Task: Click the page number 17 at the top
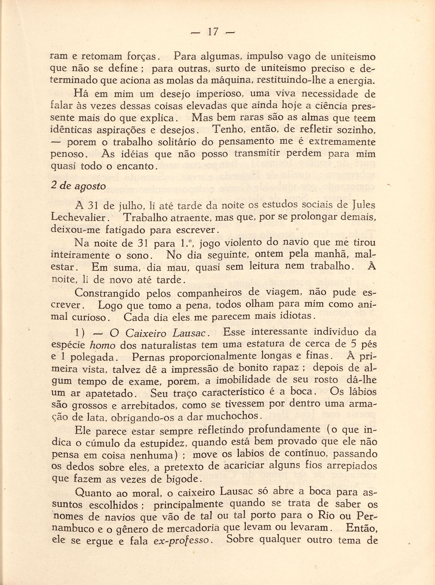click(213, 32)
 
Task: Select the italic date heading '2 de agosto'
click(78, 186)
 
